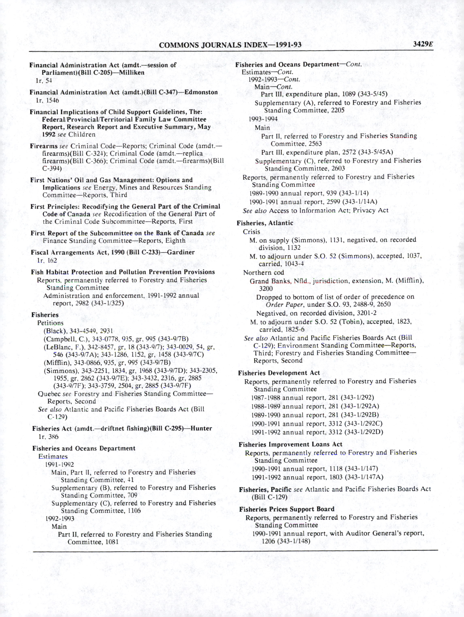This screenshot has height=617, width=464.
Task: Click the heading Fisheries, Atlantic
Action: pos(265,223)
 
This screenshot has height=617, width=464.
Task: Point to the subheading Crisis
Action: pos(251,232)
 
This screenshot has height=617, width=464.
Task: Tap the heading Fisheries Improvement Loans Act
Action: pos(290,445)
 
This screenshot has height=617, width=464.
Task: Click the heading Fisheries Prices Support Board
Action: pos(287,509)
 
